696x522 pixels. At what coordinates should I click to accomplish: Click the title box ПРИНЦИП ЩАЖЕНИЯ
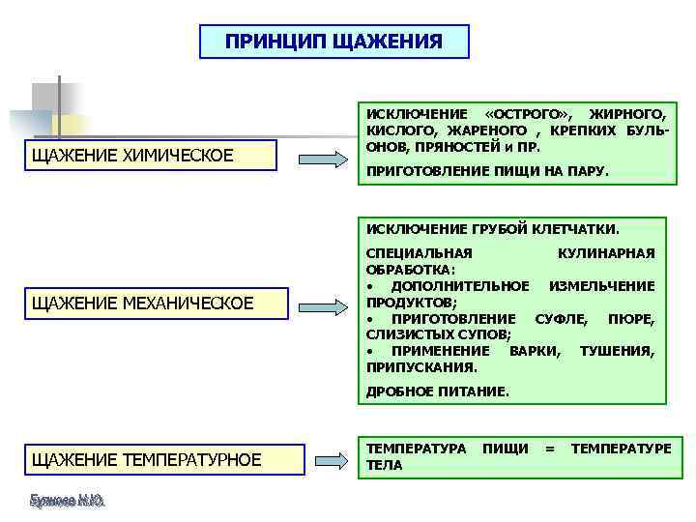(x=333, y=42)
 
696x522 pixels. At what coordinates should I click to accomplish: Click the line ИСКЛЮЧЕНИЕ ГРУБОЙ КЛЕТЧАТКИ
(x=492, y=229)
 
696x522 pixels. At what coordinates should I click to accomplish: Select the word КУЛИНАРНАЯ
(x=607, y=253)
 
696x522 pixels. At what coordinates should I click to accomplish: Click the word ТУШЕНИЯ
(x=617, y=351)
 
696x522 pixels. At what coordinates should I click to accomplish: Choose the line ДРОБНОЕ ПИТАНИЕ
(x=437, y=391)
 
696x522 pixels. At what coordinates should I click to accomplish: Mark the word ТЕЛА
(x=385, y=465)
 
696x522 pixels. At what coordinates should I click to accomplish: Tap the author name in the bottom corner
(x=68, y=501)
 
